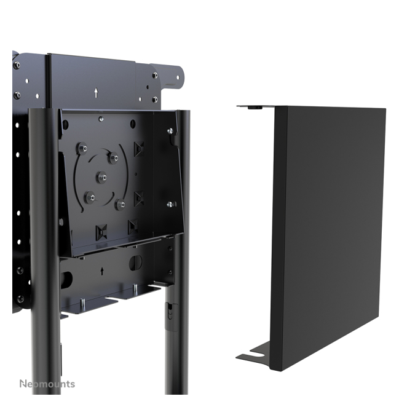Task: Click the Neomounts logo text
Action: point(47,384)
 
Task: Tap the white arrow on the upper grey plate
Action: point(97,93)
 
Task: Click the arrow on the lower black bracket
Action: point(102,271)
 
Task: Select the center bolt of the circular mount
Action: point(102,177)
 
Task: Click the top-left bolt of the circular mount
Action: point(82,148)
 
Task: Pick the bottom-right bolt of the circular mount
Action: point(121,205)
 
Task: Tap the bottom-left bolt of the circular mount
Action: point(90,197)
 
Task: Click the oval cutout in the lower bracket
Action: point(135,263)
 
